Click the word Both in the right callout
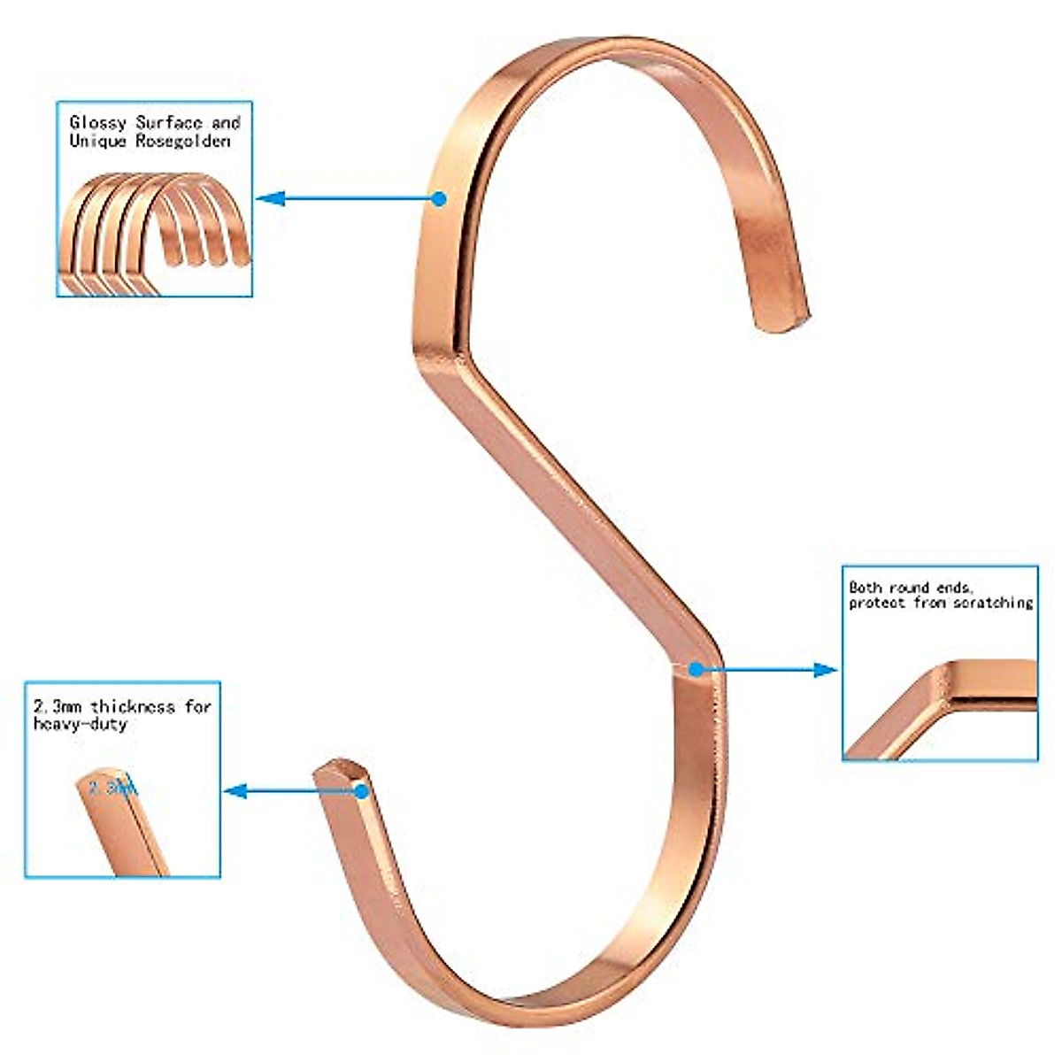click(866, 587)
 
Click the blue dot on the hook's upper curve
click(439, 199)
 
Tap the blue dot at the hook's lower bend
click(696, 670)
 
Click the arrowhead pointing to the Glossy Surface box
click(269, 199)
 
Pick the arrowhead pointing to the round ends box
click(825, 670)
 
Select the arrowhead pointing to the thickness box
click(234, 791)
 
